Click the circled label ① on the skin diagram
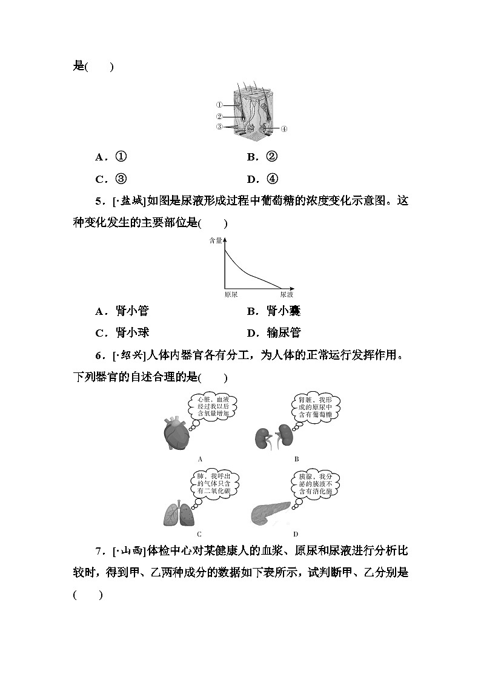[219, 105]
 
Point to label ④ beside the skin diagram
[284, 129]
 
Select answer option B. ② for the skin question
[262, 157]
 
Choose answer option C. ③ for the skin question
[111, 179]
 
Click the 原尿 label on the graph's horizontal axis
[231, 294]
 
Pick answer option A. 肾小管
[122, 311]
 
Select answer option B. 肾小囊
[274, 311]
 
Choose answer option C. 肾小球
[122, 332]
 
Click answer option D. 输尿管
[274, 332]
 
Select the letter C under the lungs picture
[199, 534]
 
